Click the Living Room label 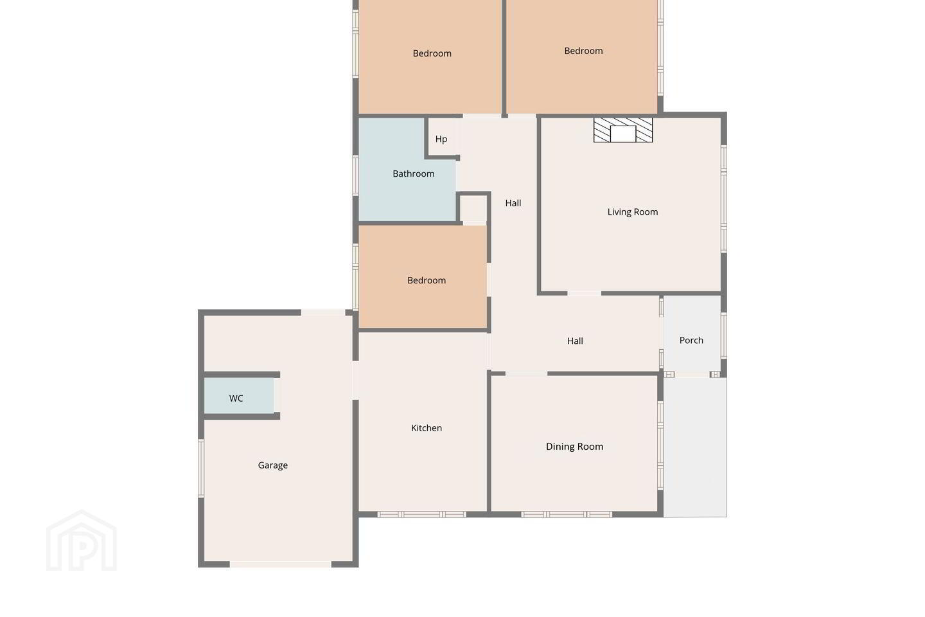coord(632,212)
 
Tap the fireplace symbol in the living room coord(623,130)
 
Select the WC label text coord(236,398)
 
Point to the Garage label coord(272,465)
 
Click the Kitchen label coord(426,428)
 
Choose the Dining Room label coord(574,446)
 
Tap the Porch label coord(691,340)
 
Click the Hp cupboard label coord(441,139)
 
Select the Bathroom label coord(414,174)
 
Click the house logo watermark coord(82,541)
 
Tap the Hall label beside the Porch coord(575,341)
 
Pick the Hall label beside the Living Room coord(513,203)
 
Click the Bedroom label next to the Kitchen coord(426,280)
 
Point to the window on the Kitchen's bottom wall coord(421,515)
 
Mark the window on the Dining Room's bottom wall coord(567,515)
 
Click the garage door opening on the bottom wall coord(280,564)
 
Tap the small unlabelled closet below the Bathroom coord(473,210)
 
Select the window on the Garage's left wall coord(201,469)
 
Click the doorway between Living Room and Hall coord(584,294)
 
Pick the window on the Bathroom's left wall coord(356,175)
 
